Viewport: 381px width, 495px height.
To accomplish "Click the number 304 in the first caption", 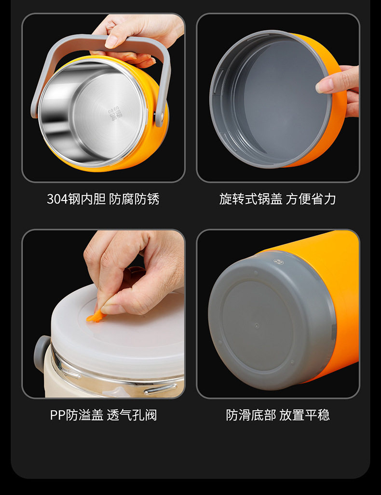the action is click(57, 199).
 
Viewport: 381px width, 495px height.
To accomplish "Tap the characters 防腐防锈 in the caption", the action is click(134, 199).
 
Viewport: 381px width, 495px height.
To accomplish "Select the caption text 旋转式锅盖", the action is click(251, 199).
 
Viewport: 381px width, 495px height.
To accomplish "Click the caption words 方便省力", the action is click(311, 199).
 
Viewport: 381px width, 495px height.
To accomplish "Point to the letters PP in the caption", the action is click(58, 415).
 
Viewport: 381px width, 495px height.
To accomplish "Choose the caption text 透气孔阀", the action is click(132, 415).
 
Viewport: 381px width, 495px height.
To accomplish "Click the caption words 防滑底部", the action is click(251, 415).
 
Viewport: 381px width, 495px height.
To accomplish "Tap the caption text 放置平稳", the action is click(304, 415).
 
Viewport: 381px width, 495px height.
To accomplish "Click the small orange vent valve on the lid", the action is click(95, 317).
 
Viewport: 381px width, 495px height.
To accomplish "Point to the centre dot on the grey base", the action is click(257, 326).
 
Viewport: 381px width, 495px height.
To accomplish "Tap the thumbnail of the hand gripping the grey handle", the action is click(111, 42).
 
